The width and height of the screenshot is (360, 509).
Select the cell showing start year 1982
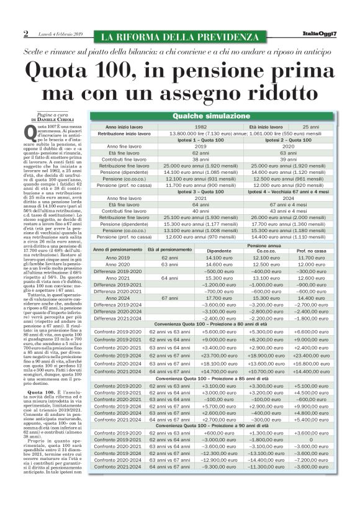[200, 127]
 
